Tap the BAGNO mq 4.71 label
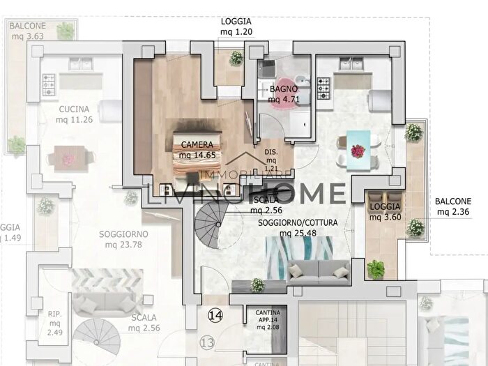(x=284, y=94)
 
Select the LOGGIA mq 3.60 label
(x=386, y=211)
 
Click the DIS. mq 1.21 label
(x=271, y=160)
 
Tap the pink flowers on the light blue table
(x=358, y=149)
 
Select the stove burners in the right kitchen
(x=324, y=89)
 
